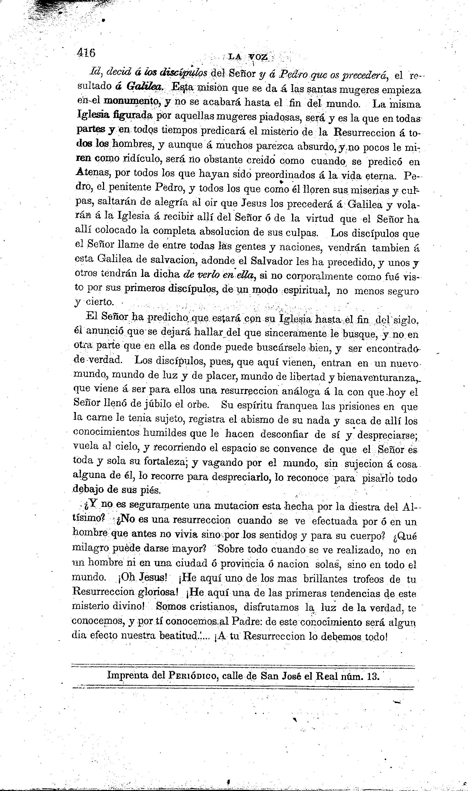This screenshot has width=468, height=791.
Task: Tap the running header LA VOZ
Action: pyautogui.click(x=248, y=57)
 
